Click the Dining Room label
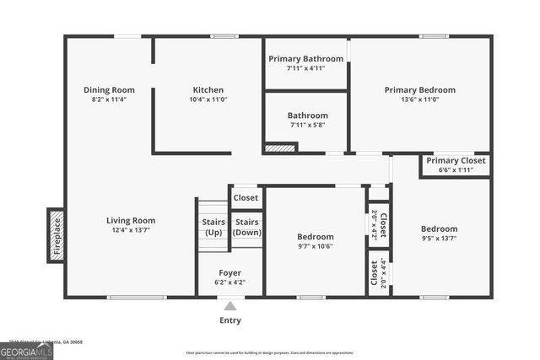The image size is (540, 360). tap(109, 90)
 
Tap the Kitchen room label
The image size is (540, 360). tap(208, 90)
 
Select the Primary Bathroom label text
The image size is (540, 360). tap(306, 58)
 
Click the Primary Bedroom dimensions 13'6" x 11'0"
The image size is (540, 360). tap(419, 100)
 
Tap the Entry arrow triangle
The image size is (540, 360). tap(230, 305)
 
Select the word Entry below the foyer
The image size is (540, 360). tap(230, 320)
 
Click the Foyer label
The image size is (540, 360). tap(230, 273)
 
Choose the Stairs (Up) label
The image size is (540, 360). tap(213, 227)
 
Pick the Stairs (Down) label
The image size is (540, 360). tap(246, 227)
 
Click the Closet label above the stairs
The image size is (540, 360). tap(246, 198)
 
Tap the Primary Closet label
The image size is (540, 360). tap(456, 160)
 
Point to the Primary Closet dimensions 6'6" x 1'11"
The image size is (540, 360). tap(456, 170)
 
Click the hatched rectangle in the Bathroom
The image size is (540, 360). tap(280, 148)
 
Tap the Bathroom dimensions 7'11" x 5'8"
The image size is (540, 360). tap(306, 125)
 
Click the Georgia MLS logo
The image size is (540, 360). tap(26, 350)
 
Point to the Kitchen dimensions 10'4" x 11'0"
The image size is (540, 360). tap(208, 100)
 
